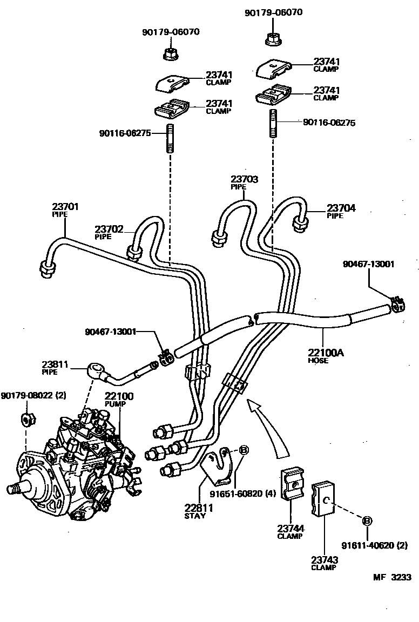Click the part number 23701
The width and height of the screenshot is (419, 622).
65,206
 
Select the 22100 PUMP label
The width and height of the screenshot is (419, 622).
119,400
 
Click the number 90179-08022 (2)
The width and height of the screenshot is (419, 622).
33,396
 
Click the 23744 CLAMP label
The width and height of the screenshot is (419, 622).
290,531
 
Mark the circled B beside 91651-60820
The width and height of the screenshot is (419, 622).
244,450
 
